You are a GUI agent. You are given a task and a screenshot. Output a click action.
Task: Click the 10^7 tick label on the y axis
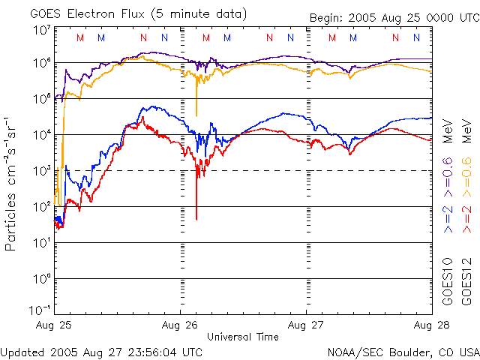tap(42, 31)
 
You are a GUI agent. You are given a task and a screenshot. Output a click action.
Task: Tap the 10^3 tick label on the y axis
tap(42, 169)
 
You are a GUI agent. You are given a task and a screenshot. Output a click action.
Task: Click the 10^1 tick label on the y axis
tap(42, 241)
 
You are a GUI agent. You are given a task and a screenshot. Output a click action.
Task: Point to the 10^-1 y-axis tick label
tap(40, 310)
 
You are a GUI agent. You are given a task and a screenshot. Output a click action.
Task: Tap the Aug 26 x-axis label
tap(181, 325)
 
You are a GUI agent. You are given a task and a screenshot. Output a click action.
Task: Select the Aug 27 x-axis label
tap(306, 325)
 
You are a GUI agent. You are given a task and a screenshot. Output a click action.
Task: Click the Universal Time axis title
tap(243, 337)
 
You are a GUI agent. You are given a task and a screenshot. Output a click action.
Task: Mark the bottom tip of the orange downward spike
tap(196, 115)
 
